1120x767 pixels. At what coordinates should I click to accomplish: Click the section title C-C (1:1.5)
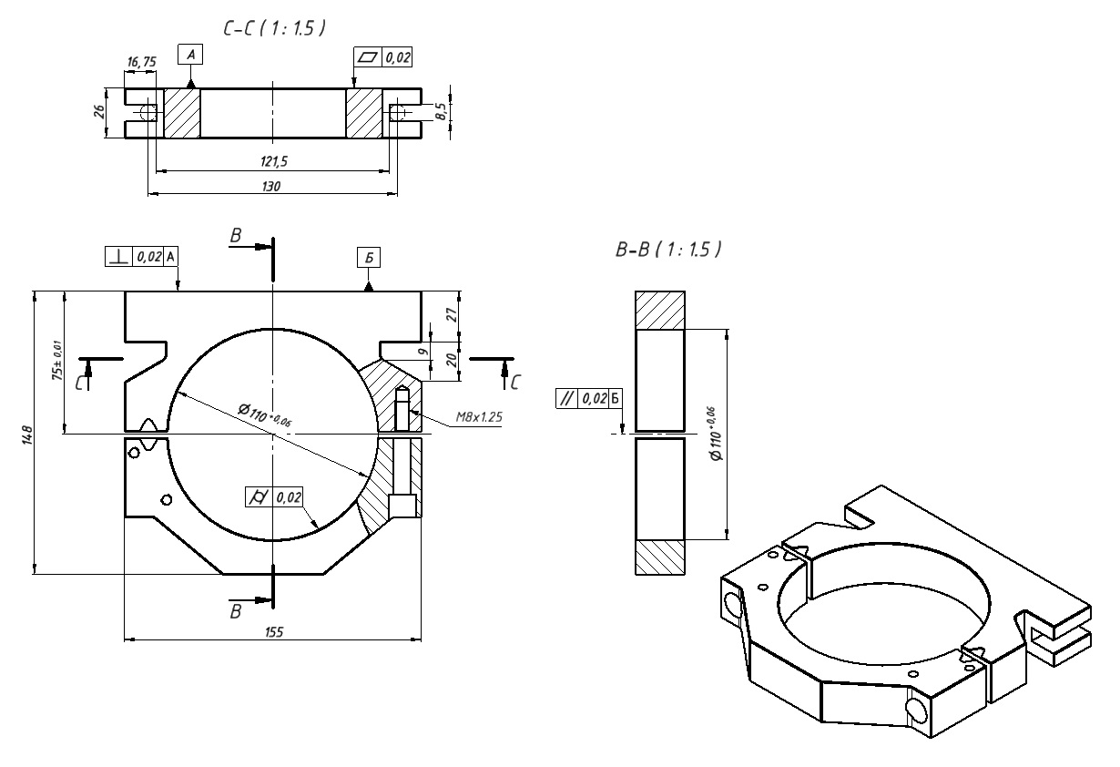click(274, 29)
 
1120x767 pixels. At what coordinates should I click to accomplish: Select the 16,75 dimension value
click(142, 61)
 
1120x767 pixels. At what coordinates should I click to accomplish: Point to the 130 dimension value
click(271, 185)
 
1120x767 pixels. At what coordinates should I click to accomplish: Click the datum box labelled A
click(190, 56)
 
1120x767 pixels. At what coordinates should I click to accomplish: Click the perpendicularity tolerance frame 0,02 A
click(141, 257)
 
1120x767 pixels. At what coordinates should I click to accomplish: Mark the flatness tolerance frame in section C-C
click(383, 57)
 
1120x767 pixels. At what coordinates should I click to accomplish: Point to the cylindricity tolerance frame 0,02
click(275, 497)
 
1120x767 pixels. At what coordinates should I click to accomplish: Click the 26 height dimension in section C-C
click(99, 112)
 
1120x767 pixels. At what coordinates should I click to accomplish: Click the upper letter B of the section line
click(235, 236)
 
